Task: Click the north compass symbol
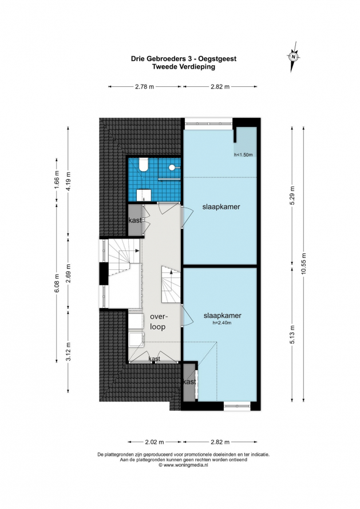[294, 57]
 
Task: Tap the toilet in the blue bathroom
[143, 165]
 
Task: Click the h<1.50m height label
[243, 155]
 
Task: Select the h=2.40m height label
[222, 323]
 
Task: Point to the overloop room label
[157, 321]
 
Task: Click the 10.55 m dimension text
[304, 264]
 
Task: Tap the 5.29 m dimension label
[292, 196]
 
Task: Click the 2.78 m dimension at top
[145, 87]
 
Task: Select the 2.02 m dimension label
[155, 442]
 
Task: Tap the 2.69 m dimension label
[68, 273]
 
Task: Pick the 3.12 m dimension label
[68, 352]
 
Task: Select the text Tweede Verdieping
[184, 67]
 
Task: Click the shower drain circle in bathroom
[172, 167]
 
